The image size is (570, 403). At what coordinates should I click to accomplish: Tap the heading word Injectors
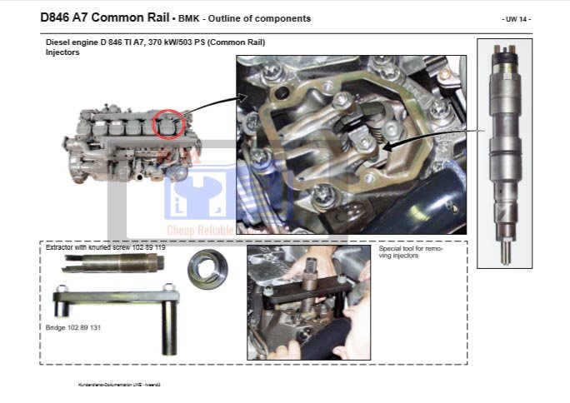[63, 52]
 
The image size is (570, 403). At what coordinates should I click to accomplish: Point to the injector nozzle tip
[505, 253]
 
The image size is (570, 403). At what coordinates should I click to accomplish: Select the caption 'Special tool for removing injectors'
[410, 251]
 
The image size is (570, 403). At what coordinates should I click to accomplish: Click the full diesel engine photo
[132, 145]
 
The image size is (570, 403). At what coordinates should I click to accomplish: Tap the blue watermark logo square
[198, 193]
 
